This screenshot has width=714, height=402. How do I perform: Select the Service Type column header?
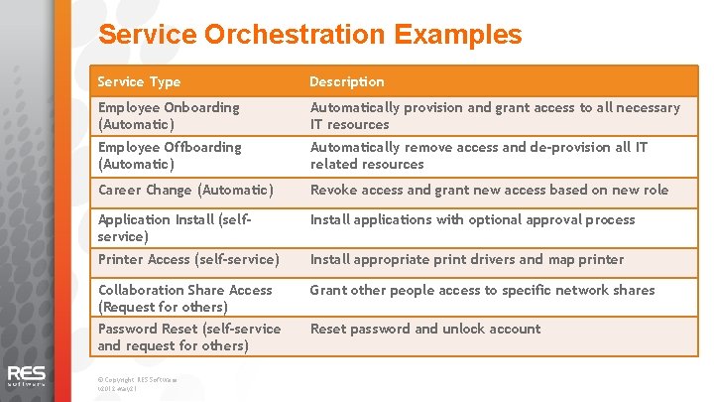click(139, 81)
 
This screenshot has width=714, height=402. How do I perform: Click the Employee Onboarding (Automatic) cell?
click(169, 115)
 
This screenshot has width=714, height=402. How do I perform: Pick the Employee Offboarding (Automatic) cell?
click(170, 155)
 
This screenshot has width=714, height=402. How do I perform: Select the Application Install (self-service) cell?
click(174, 228)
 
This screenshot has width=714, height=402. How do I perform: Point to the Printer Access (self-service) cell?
click(188, 259)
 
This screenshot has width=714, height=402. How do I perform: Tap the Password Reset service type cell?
click(188, 336)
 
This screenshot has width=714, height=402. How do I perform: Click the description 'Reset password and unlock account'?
click(425, 329)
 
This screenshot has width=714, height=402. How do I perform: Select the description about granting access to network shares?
click(482, 290)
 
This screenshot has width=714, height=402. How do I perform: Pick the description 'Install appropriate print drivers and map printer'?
click(467, 259)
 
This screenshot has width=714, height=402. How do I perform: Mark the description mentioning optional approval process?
click(472, 219)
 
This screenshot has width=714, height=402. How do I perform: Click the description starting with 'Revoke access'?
click(489, 190)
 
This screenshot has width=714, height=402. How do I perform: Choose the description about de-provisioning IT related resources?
click(479, 155)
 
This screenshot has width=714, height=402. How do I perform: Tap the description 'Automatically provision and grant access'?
click(495, 115)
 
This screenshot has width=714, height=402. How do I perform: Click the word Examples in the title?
click(457, 36)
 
